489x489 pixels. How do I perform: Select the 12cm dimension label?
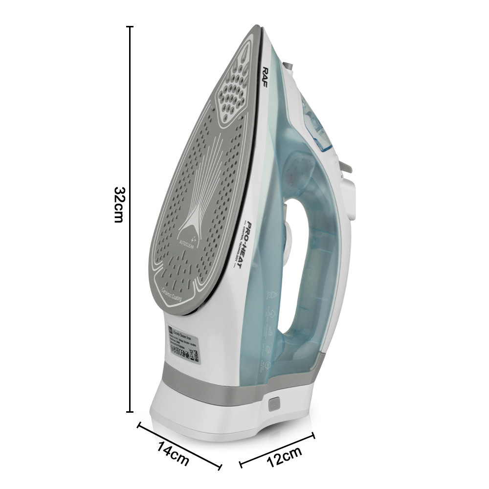click(284, 458)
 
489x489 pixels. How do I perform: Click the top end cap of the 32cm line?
click(130, 27)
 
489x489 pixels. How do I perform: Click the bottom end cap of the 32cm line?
click(130, 412)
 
